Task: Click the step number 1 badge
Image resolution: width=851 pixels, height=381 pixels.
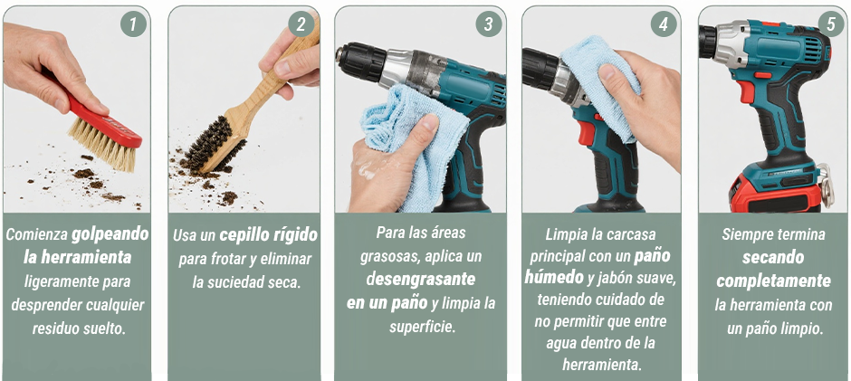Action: tap(133, 24)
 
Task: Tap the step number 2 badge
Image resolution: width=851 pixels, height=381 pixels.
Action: tap(301, 24)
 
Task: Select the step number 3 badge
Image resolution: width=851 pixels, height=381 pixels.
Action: tap(489, 24)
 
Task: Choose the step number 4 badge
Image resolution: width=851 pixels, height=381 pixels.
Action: tap(664, 24)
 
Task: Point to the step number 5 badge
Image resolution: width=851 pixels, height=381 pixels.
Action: tap(831, 24)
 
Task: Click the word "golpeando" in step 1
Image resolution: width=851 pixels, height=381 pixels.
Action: tap(110, 234)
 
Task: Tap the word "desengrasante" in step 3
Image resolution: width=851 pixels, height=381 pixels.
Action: tap(421, 279)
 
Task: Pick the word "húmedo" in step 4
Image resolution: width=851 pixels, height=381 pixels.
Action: tap(554, 278)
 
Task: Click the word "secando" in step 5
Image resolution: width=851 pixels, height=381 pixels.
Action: tap(773, 257)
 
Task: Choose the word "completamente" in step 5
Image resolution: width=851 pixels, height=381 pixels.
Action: tap(773, 281)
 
